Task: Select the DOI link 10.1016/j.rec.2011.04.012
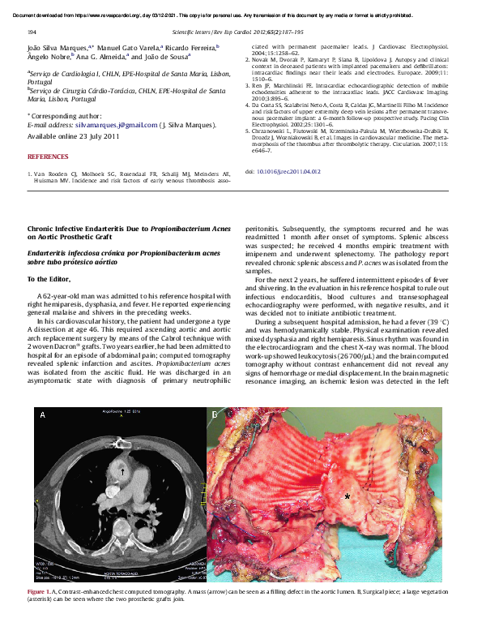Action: pyautogui.click(x=288, y=172)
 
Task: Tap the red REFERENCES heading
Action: pyautogui.click(x=49, y=157)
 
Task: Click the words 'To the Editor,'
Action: pyautogui.click(x=50, y=280)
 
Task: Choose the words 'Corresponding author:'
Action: pyautogui.click(x=69, y=116)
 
